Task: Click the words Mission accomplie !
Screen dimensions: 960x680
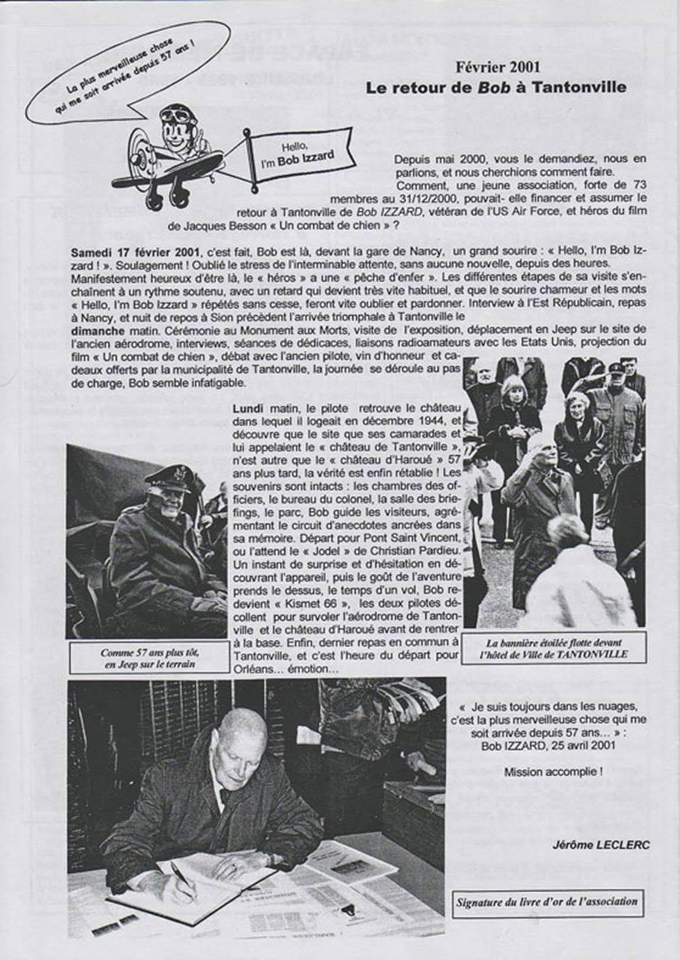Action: click(x=553, y=772)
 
